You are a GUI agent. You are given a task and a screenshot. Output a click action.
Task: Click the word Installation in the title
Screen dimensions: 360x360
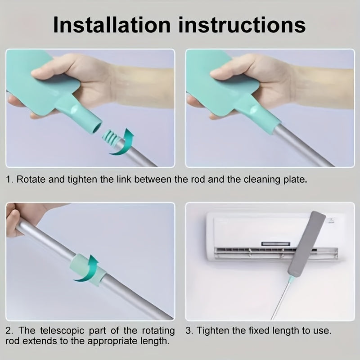(x=112, y=25)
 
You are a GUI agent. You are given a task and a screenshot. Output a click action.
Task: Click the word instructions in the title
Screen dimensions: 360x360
(x=242, y=25)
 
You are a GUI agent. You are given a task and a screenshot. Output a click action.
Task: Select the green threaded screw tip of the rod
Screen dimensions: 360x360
(x=110, y=139)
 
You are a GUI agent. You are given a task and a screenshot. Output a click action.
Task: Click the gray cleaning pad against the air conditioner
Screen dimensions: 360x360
(x=306, y=243)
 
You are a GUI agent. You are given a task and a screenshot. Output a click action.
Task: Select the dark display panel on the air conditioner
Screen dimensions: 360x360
(x=276, y=244)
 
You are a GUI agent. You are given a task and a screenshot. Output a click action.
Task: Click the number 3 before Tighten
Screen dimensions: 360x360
(x=188, y=331)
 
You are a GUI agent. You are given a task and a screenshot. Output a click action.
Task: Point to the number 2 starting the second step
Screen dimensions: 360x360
(x=9, y=331)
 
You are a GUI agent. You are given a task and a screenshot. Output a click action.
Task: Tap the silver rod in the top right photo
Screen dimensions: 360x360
(x=303, y=147)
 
